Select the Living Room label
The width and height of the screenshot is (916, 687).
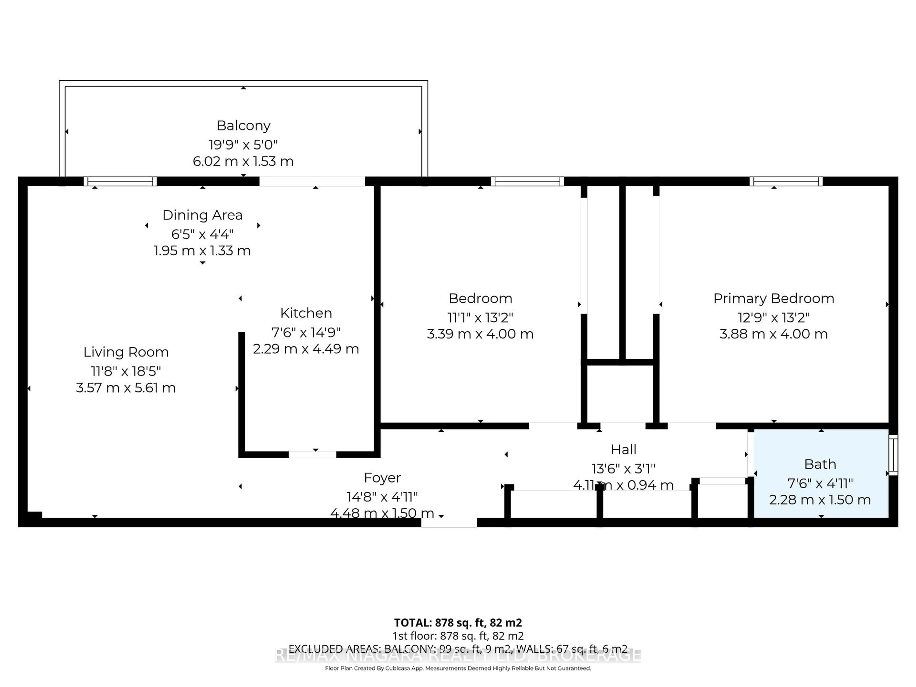point(126,352)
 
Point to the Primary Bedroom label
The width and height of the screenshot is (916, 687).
point(773,299)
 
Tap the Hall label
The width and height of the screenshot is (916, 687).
point(623,450)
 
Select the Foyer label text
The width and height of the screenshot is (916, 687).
point(382,478)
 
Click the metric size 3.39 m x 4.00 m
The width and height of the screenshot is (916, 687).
point(480,334)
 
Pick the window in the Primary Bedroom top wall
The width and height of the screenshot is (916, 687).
point(786,181)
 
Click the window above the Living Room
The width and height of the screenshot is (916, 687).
point(120,181)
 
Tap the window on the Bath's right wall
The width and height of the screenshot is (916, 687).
point(893,455)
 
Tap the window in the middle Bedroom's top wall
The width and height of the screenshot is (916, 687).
point(527,181)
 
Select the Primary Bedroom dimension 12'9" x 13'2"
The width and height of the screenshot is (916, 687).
point(773,318)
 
